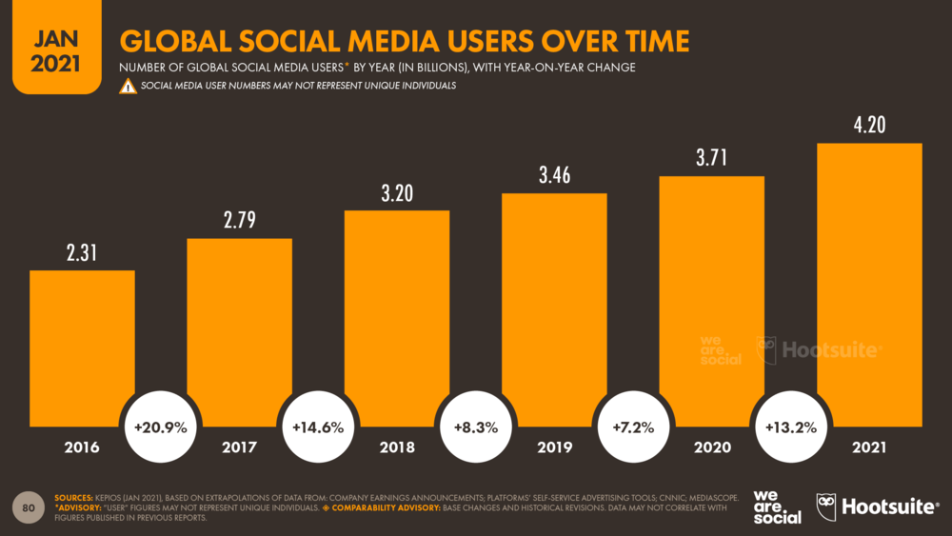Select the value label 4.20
(x=869, y=125)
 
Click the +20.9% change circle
(x=161, y=427)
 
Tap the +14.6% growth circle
(x=318, y=427)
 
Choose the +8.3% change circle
(x=475, y=427)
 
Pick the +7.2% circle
(x=633, y=427)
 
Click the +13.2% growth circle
(x=790, y=427)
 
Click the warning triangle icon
(x=128, y=87)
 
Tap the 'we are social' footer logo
(x=776, y=507)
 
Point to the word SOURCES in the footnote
(x=72, y=498)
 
